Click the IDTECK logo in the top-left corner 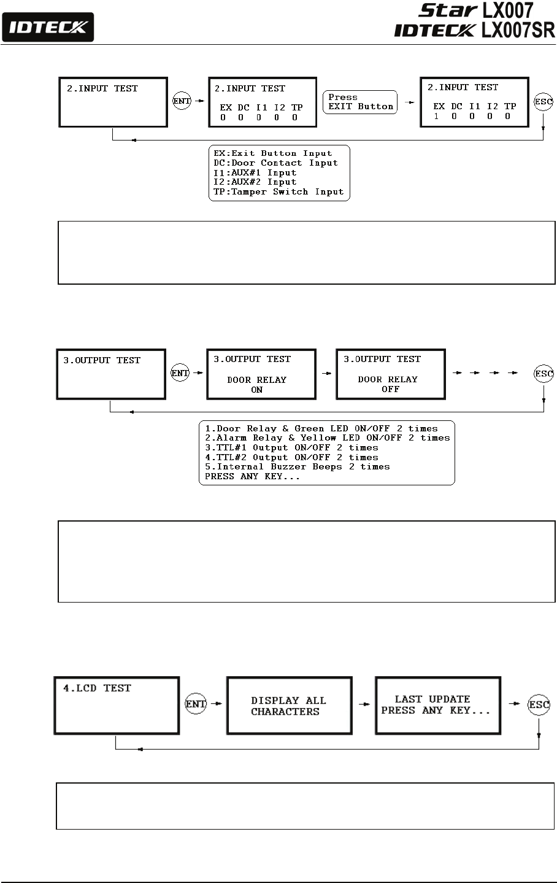click(x=48, y=28)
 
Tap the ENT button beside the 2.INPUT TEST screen click(x=182, y=102)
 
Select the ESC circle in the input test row click(x=543, y=102)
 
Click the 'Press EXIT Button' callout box click(x=360, y=102)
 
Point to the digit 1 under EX click(x=436, y=117)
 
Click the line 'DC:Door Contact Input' click(x=275, y=163)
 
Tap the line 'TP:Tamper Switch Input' click(x=278, y=191)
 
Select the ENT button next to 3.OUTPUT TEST click(x=180, y=372)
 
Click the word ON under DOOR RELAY click(x=256, y=390)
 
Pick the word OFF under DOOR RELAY click(x=390, y=389)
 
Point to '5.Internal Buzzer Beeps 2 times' click(x=298, y=467)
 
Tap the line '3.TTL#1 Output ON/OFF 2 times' click(x=291, y=447)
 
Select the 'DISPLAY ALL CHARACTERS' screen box click(x=289, y=706)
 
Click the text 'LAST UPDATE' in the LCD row click(x=432, y=700)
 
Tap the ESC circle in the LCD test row click(x=539, y=705)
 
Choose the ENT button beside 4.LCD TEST click(x=196, y=704)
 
